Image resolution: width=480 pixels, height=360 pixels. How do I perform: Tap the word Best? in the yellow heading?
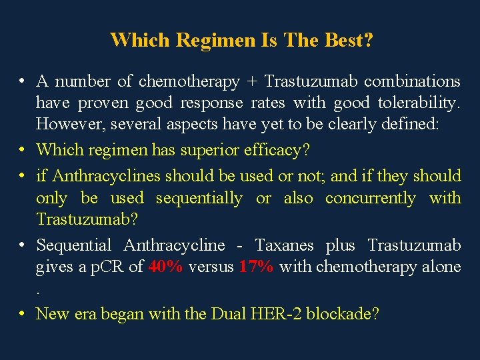pyautogui.click(x=347, y=40)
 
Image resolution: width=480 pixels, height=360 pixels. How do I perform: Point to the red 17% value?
pyautogui.click(x=256, y=267)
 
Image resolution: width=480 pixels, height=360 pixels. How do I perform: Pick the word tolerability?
pyautogui.click(x=419, y=103)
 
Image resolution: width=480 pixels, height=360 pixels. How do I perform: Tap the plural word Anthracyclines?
pyautogui.click(x=106, y=176)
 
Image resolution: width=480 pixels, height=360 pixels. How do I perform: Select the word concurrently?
pyautogui.click(x=371, y=198)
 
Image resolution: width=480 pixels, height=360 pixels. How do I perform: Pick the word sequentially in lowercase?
pyautogui.click(x=199, y=198)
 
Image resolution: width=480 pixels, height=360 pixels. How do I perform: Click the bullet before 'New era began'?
pyautogui.click(x=22, y=312)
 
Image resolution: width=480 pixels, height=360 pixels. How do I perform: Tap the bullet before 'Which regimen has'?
pyautogui.click(x=22, y=149)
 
